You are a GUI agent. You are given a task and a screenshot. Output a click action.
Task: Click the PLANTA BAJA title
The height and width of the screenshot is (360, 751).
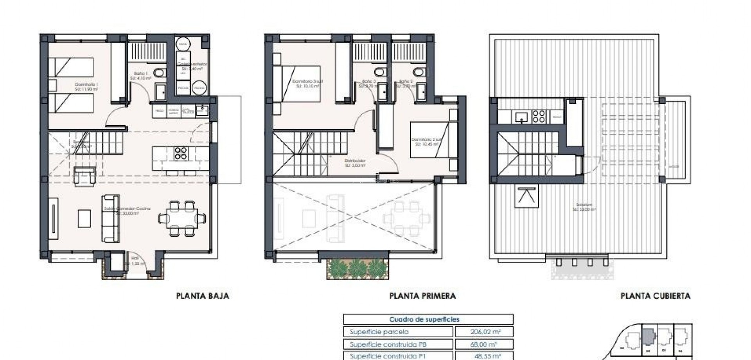(x=203, y=296)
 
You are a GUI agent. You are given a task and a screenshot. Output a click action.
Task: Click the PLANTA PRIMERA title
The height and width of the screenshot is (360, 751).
(x=422, y=296)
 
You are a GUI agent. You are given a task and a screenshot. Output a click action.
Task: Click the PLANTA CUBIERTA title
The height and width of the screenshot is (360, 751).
(x=655, y=296)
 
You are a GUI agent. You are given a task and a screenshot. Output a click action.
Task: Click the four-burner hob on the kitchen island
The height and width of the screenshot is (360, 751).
(x=180, y=153)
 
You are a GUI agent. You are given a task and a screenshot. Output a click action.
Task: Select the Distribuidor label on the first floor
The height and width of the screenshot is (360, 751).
(x=355, y=163)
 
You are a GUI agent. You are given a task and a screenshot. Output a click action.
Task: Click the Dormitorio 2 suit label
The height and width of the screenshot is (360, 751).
(x=424, y=142)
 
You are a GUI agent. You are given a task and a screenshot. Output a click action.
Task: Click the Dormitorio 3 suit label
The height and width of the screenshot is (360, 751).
(x=307, y=83)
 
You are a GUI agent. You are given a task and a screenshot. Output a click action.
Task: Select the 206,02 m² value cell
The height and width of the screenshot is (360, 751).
(x=484, y=332)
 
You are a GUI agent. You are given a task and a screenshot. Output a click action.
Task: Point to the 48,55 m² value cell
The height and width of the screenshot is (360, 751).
(x=484, y=356)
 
